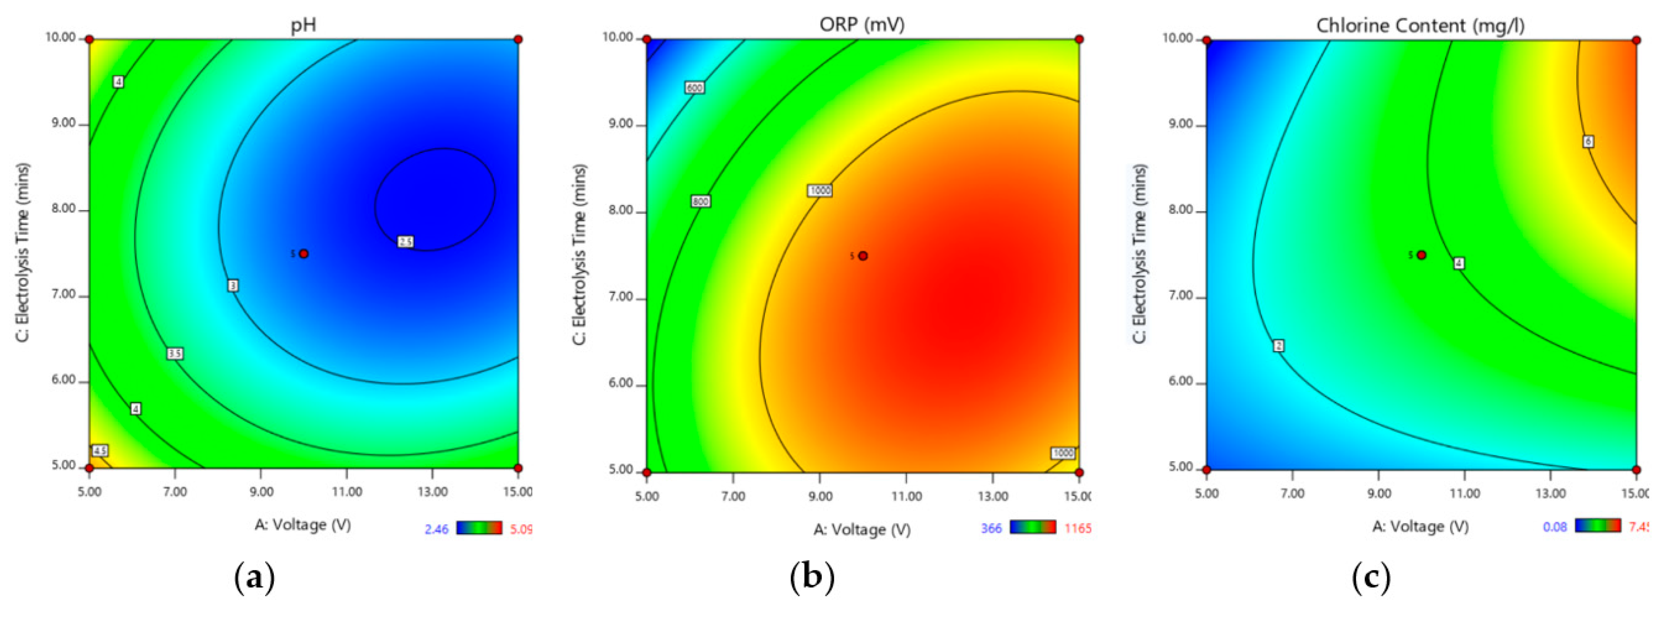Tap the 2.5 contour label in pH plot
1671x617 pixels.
(405, 242)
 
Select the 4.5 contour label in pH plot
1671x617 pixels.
(100, 451)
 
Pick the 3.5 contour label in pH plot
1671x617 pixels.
(174, 354)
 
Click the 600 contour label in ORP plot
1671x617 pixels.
(694, 88)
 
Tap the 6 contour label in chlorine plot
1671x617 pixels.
(1588, 141)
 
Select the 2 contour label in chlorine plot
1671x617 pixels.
(1278, 346)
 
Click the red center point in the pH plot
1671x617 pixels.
(304, 254)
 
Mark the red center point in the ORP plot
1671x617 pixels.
(863, 256)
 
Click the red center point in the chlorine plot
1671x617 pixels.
(1421, 255)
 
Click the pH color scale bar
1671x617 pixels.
(479, 528)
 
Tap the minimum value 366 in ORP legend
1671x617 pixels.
(991, 528)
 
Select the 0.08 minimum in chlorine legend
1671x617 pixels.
(1555, 527)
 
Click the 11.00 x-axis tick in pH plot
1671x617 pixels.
(347, 492)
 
